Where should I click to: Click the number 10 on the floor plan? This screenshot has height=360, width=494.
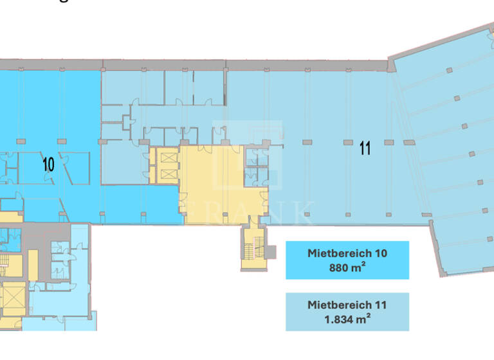[x=48, y=164]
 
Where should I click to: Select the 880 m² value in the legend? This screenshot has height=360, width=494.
[x=347, y=267]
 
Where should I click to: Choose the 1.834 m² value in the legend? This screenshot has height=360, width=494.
[x=347, y=318]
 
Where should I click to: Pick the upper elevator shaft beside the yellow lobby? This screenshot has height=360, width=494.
[x=166, y=157]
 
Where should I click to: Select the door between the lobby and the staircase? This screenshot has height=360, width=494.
[x=252, y=224]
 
